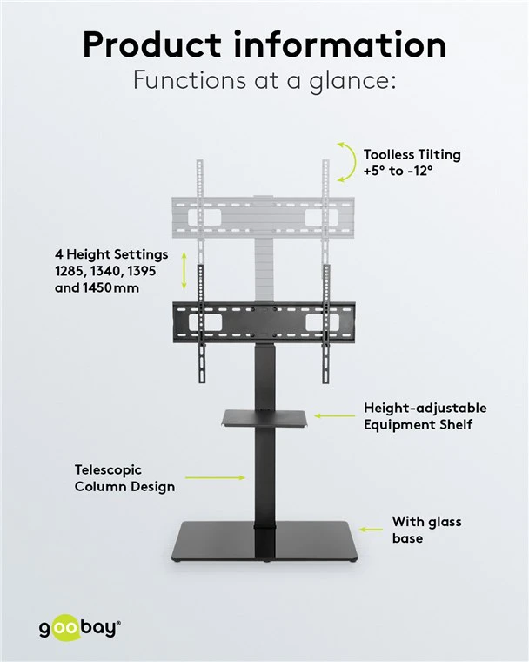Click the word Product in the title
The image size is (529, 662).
[x=152, y=44]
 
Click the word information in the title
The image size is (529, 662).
[x=339, y=44]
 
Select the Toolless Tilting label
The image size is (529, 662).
[x=412, y=154]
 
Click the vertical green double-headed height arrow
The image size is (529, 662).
[x=184, y=270]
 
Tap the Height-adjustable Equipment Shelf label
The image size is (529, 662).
[x=425, y=415]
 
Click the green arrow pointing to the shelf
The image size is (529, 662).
[x=334, y=415]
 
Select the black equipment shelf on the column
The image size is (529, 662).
[x=264, y=418]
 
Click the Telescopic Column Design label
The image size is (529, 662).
[x=124, y=478]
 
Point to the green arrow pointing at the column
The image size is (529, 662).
[x=215, y=477]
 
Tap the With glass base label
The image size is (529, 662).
[x=426, y=530]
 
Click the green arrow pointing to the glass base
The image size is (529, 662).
[x=371, y=529]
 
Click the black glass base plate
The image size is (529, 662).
[x=264, y=541]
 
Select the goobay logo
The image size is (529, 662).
[x=80, y=629]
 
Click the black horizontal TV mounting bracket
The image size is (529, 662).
[x=264, y=322]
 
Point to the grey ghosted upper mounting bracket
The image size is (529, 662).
[x=263, y=218]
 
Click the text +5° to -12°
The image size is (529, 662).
[x=398, y=171]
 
